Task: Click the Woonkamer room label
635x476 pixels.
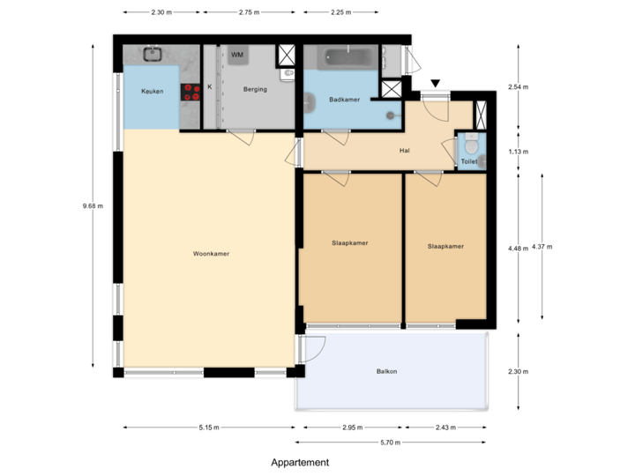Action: pos(211,254)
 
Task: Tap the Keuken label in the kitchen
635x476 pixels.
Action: pos(152,92)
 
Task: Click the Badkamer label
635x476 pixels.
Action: pos(344,100)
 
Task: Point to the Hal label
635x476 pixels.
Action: pos(404,151)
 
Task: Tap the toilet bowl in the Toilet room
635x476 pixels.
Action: pos(470,144)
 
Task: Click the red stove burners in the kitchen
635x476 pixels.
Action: pos(190,91)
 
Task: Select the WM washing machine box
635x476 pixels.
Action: pos(236,56)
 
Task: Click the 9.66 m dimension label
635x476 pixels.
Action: pos(92,206)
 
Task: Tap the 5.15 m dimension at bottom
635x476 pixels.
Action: pos(209,428)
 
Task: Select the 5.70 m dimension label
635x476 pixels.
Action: pos(391,443)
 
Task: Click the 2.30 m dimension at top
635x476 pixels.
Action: pos(161,13)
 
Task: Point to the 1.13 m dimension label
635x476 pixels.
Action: pos(518,152)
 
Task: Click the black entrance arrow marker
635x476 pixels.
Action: pos(434,84)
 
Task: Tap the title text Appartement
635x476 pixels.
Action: pos(300,462)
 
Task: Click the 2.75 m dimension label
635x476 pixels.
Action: pos(250,13)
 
